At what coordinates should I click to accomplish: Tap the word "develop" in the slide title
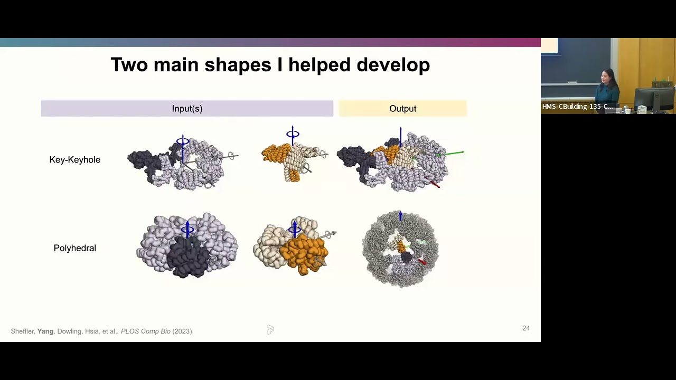click(x=393, y=65)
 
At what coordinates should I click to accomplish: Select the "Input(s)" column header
click(x=187, y=109)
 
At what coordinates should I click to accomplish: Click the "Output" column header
click(x=402, y=109)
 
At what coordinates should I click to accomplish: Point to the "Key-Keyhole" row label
click(x=74, y=159)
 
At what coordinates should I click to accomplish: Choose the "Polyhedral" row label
click(x=74, y=248)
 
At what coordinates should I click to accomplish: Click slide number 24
click(x=525, y=328)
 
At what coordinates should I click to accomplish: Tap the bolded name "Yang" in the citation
click(x=45, y=331)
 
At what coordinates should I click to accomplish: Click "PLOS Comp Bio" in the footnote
click(x=145, y=331)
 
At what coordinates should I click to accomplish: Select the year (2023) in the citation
click(x=182, y=331)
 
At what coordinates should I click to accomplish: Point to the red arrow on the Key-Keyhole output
click(x=434, y=183)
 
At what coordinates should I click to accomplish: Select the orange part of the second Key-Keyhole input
click(x=275, y=153)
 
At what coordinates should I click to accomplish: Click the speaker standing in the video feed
click(x=607, y=87)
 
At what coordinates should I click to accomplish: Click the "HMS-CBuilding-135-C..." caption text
click(x=577, y=107)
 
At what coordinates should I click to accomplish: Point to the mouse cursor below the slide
click(x=270, y=330)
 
